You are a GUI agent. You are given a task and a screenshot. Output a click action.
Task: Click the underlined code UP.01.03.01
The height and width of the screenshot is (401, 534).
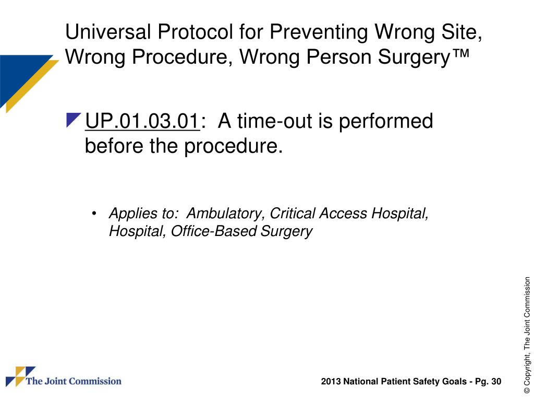point(142,122)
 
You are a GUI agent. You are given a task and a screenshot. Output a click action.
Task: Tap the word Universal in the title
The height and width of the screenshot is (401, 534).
point(107,33)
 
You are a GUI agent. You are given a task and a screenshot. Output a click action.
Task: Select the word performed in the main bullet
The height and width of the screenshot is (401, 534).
point(386,122)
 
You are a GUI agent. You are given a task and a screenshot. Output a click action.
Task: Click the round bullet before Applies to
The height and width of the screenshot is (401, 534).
point(94,214)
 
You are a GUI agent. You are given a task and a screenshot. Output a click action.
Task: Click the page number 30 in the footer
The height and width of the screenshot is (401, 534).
point(496,382)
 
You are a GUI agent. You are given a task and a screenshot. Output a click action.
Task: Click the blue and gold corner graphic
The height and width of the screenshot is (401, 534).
point(23,78)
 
